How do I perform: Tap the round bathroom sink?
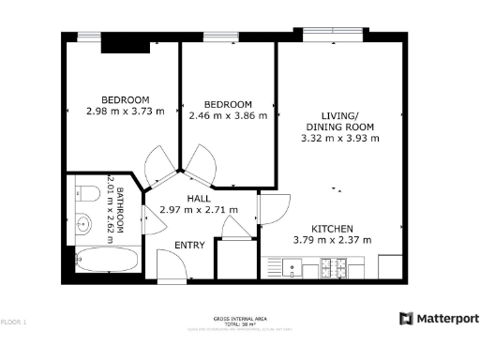pyautogui.click(x=82, y=224)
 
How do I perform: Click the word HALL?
pyautogui.click(x=198, y=199)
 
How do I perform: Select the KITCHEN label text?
pyautogui.click(x=332, y=229)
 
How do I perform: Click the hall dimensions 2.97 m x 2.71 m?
pyautogui.click(x=199, y=210)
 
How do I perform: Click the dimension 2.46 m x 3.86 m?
pyautogui.click(x=228, y=115)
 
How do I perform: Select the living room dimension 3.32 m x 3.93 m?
pyautogui.click(x=340, y=138)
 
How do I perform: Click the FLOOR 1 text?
pyautogui.click(x=13, y=322)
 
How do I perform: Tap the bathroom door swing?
pyautogui.click(x=147, y=217)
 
